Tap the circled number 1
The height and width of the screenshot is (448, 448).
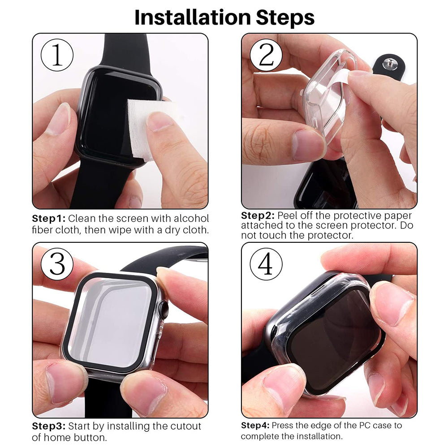click(57, 55)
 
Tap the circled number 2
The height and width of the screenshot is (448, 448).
click(266, 55)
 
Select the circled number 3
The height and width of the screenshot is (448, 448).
click(57, 264)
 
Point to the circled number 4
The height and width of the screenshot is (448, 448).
click(266, 264)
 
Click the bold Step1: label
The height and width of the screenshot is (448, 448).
click(49, 219)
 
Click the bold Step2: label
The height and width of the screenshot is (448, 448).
click(258, 215)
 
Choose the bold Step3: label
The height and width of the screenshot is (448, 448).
click(49, 426)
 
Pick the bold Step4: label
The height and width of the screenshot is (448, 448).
click(255, 425)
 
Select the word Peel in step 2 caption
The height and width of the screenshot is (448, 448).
click(288, 215)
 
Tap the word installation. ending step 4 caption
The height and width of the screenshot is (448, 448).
click(320, 436)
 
